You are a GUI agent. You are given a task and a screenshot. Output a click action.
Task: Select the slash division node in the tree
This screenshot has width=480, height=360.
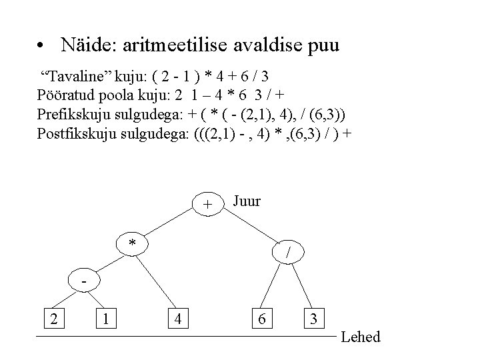point(287,252)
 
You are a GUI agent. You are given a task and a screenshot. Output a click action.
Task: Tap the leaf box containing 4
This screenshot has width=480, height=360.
point(177,319)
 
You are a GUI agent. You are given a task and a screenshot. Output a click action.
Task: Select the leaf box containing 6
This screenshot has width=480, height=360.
point(263,319)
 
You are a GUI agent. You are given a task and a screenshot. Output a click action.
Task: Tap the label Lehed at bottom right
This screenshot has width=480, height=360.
point(360,337)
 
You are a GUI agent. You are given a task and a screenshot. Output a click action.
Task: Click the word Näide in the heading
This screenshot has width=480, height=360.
point(85,45)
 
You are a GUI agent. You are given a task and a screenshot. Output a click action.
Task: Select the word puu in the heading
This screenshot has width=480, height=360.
point(323,47)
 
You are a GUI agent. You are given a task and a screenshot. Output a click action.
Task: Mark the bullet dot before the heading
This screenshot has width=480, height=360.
point(41,47)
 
